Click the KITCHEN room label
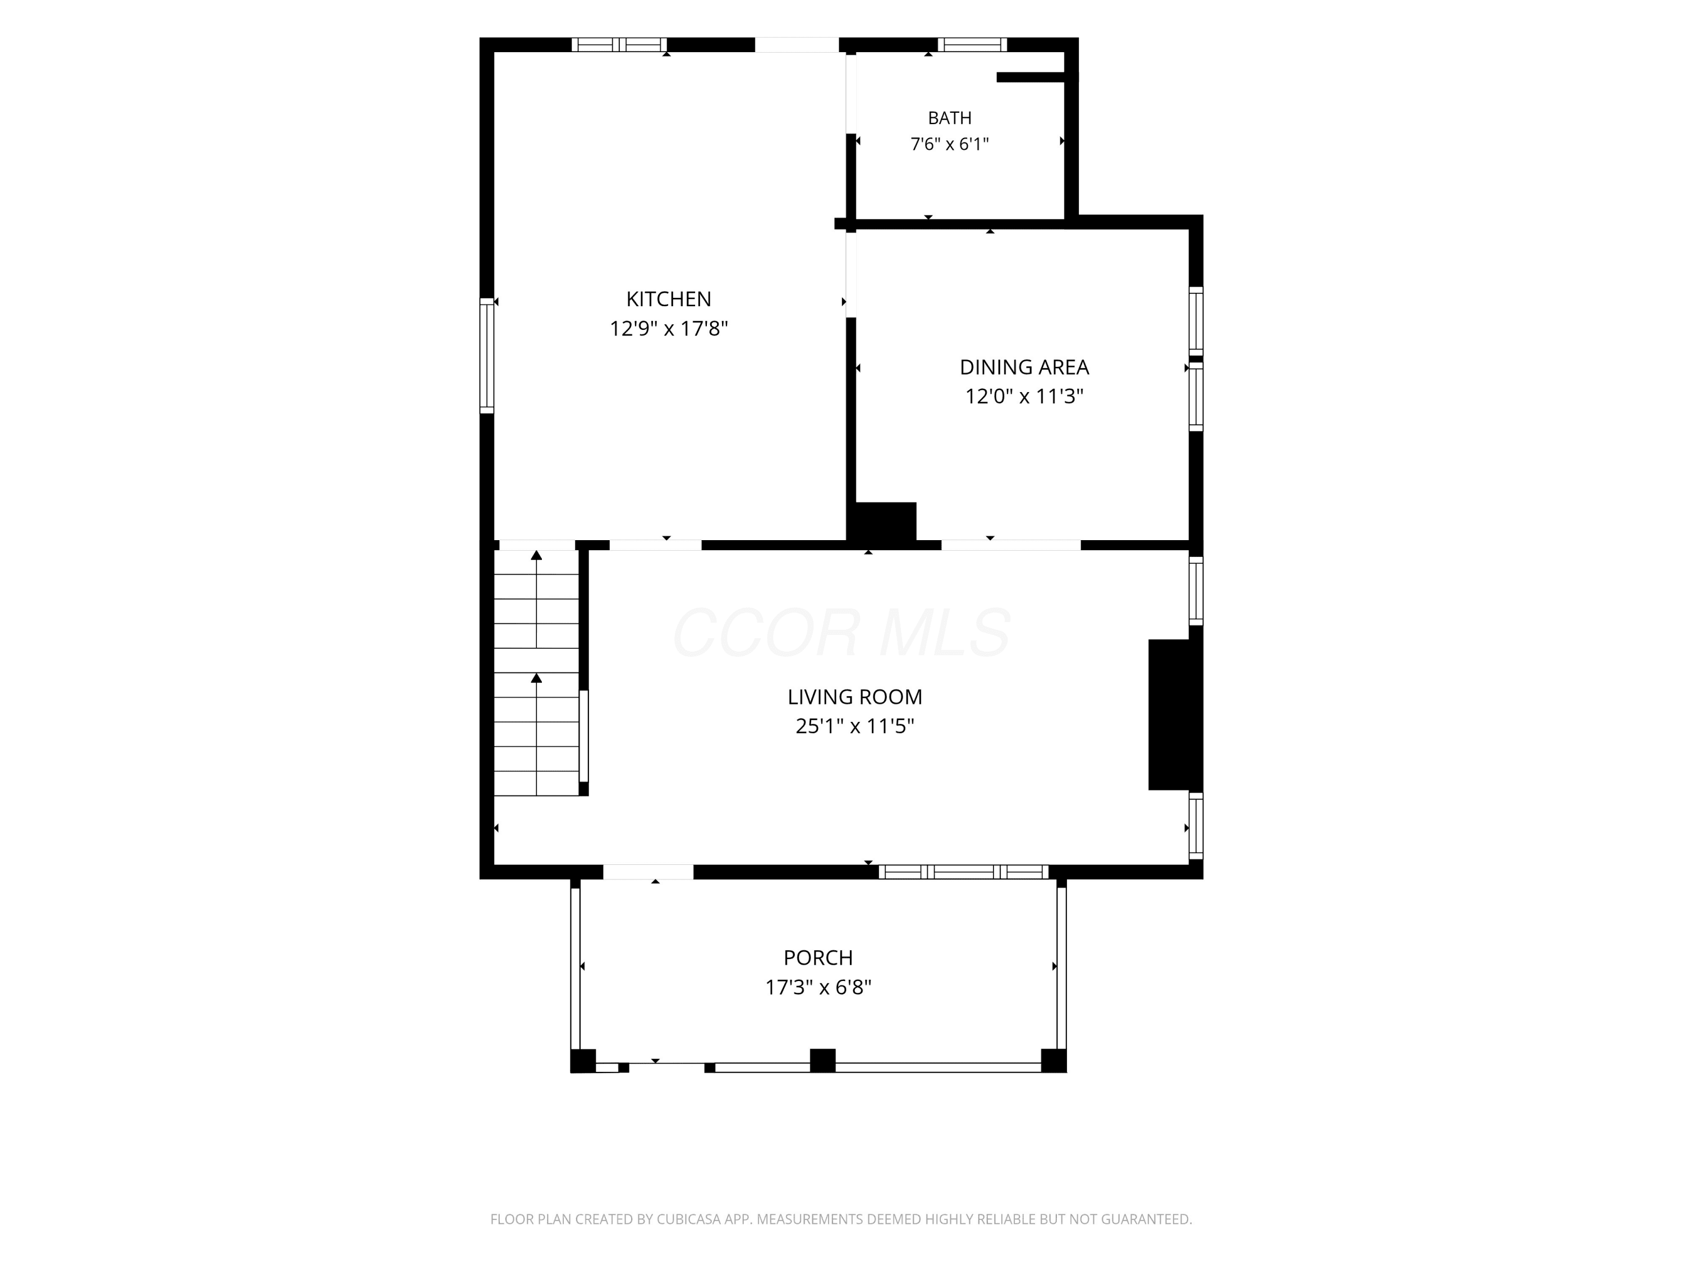pyautogui.click(x=669, y=299)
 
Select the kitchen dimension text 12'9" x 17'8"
pyautogui.click(x=669, y=329)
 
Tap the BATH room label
pyautogui.click(x=950, y=118)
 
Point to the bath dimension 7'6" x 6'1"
pyautogui.click(x=950, y=144)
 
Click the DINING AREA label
pyautogui.click(x=1024, y=367)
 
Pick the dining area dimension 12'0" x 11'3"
pyautogui.click(x=1024, y=397)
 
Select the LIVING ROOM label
pyautogui.click(x=854, y=697)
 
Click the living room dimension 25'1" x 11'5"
pyautogui.click(x=854, y=726)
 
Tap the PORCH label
pyautogui.click(x=818, y=958)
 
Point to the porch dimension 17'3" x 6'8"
pyautogui.click(x=818, y=987)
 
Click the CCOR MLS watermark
pyautogui.click(x=842, y=633)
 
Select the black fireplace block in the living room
pyautogui.click(x=1175, y=715)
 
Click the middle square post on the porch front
pyautogui.click(x=822, y=1061)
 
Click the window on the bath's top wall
pyautogui.click(x=972, y=45)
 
